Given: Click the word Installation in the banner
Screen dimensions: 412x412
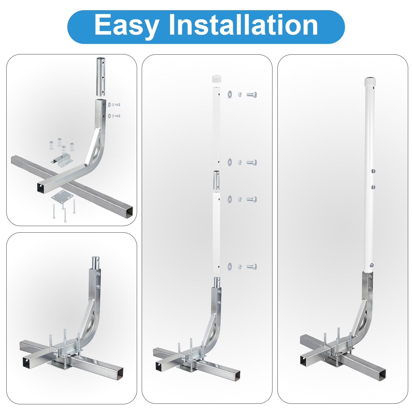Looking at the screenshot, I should pos(243,25).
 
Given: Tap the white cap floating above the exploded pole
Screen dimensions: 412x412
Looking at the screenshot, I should pos(216,79).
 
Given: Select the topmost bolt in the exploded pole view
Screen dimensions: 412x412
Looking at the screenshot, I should pos(252,95).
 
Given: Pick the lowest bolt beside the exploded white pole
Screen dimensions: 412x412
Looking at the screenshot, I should pos(252,266).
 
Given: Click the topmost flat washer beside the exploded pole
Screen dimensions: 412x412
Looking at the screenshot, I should pos(230,94).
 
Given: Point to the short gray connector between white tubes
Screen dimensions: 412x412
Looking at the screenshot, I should pos(216,180).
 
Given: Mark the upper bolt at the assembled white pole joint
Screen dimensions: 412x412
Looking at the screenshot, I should pos(373,171).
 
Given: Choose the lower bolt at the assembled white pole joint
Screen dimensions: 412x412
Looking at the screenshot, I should pos(373,187).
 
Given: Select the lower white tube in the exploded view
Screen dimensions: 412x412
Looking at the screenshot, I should pos(216,232).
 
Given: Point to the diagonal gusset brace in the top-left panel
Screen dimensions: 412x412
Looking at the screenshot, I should pos(90,147).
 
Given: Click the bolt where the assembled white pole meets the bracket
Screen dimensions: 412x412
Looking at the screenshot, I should pos(372,265).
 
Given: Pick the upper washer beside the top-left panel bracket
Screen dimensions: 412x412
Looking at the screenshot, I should pos(110,105).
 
